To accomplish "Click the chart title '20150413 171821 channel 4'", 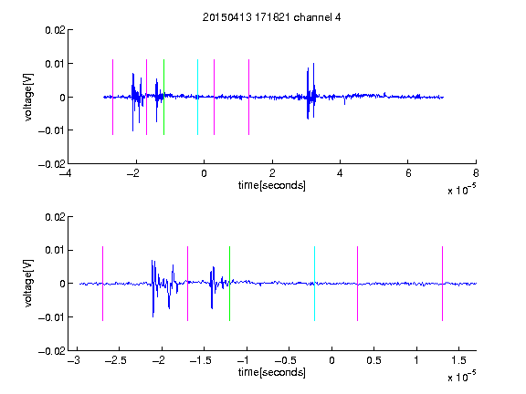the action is [271, 17].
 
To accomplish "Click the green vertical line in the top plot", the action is [163, 98].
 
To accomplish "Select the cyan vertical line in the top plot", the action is [197, 98].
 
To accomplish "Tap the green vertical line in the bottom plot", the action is [229, 284].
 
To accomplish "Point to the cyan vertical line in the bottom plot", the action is [314, 284].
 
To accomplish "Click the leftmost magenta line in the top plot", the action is [112, 98].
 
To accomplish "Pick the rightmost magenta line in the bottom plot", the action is [442, 284].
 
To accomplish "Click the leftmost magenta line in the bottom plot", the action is [102, 284].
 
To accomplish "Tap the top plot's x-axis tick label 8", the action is [476, 173].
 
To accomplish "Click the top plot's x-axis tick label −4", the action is [65, 173].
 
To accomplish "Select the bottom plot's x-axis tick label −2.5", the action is [115, 360].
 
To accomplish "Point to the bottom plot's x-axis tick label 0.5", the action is [373, 360].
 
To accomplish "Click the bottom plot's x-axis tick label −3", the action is [74, 360].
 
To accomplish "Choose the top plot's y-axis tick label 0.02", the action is [55, 30].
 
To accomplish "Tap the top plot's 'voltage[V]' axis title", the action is [28, 98].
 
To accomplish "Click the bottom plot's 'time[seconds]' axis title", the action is [272, 372].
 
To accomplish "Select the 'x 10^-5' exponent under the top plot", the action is [461, 190].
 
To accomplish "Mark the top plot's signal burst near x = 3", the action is [311, 91].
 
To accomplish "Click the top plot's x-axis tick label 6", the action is [408, 173].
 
